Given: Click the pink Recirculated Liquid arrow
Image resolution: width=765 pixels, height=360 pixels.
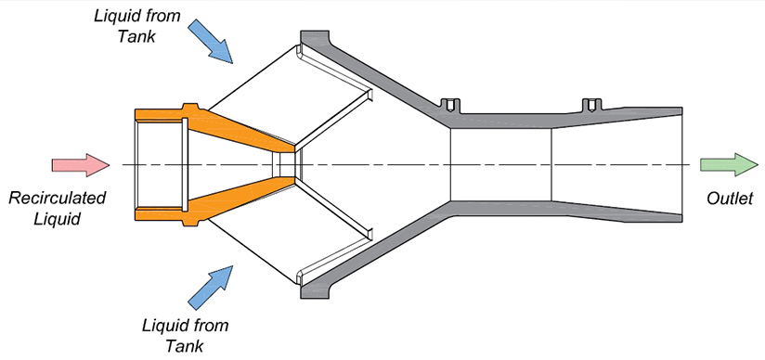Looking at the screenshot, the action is point(81,164).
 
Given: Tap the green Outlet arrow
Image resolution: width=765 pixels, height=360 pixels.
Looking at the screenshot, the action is point(729,164).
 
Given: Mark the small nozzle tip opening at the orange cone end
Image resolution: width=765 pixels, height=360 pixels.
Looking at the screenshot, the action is point(287,164).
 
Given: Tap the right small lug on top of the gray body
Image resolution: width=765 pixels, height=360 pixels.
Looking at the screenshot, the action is point(590,103).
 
